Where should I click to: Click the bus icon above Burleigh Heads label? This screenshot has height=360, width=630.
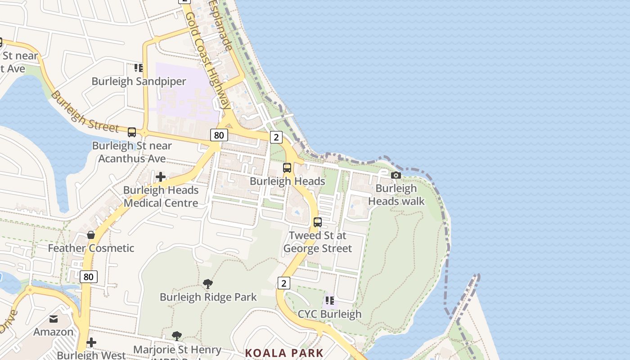point(287,168)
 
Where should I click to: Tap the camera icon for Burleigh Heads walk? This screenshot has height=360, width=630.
point(396,175)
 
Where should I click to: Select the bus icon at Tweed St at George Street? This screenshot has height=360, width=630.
point(318,222)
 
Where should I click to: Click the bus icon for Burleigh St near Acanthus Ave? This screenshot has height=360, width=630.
point(132,132)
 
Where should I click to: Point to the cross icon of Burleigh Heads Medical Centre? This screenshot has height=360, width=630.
point(161,177)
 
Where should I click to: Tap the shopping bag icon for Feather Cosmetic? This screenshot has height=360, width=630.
point(91,235)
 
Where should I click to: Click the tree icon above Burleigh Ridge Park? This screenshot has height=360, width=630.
point(208,284)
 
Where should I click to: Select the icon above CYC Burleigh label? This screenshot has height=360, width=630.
point(329,301)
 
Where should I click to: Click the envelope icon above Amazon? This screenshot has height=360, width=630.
point(54,319)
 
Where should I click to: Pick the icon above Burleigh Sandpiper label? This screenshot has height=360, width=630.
point(139,68)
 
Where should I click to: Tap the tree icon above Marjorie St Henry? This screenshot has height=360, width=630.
point(177,336)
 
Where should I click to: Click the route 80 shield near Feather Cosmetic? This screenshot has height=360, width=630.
point(88,277)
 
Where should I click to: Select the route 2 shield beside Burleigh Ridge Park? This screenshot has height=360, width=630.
point(283,283)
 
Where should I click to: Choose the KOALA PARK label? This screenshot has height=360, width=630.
point(284,353)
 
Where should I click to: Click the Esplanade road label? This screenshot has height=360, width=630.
point(221,25)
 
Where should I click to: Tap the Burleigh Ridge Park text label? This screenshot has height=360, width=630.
point(208,297)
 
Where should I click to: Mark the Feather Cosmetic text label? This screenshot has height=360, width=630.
point(91,248)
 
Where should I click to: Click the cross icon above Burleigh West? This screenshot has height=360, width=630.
point(91,343)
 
